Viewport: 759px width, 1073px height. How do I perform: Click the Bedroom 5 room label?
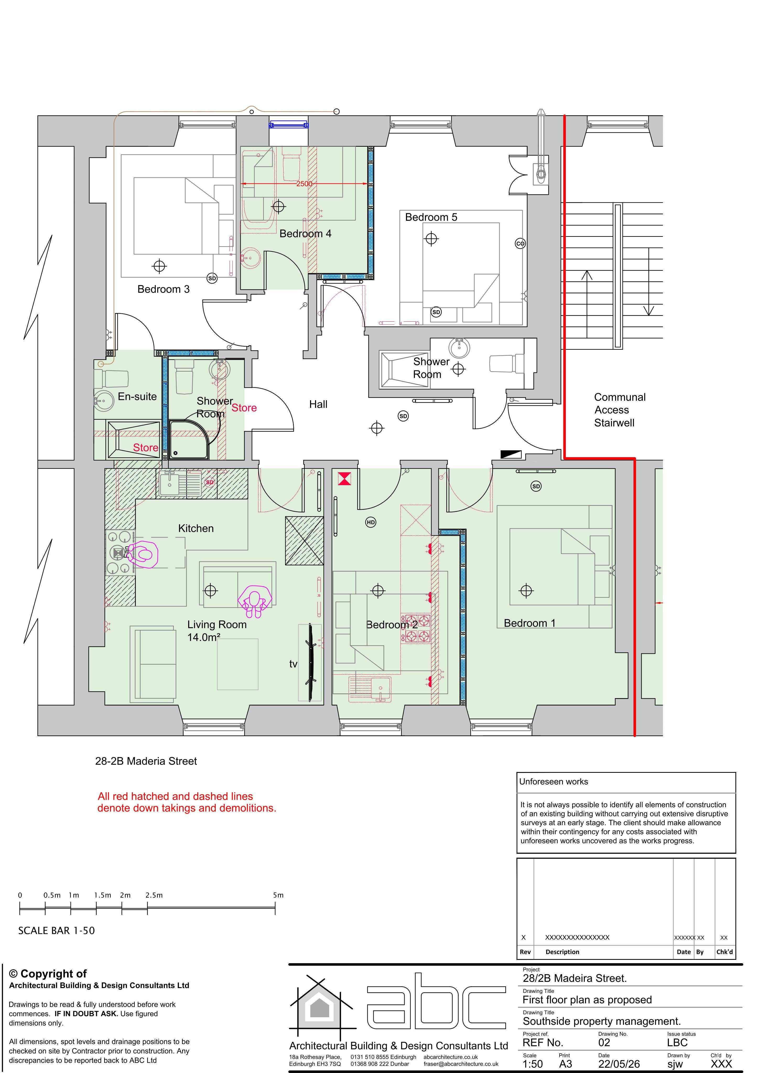click(x=431, y=217)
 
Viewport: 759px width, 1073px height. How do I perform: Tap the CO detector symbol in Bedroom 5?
click(x=520, y=243)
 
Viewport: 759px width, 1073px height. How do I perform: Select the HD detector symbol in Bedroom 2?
click(x=370, y=522)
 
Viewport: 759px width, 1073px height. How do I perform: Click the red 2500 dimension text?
click(x=304, y=184)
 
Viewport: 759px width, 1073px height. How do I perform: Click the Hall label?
click(x=318, y=404)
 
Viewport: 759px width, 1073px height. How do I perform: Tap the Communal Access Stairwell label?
click(x=620, y=410)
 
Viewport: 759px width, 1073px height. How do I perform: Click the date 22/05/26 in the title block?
click(x=619, y=1064)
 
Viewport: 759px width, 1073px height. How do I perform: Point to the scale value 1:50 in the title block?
click(x=533, y=1064)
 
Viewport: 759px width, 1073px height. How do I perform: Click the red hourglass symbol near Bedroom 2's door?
click(x=344, y=479)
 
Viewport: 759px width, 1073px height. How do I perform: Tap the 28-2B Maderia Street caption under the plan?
click(x=146, y=761)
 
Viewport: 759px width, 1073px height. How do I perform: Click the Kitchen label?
click(x=196, y=529)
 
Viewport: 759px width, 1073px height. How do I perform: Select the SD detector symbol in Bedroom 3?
click(x=212, y=278)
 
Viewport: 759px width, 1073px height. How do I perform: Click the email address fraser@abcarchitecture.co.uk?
click(x=461, y=1064)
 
